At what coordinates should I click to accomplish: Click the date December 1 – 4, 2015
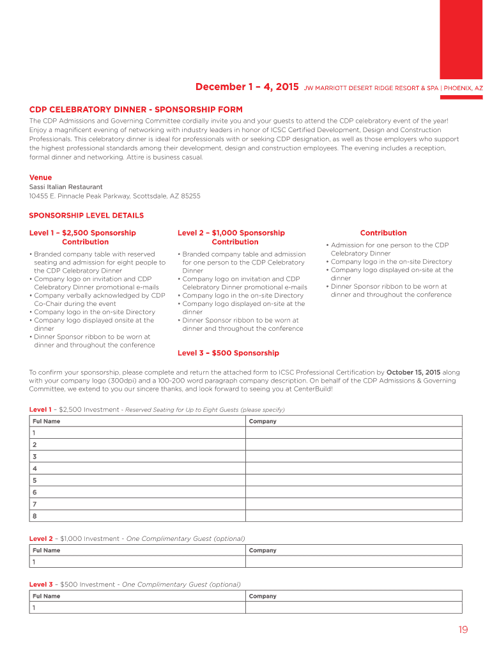click(x=247, y=87)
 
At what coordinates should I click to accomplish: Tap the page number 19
click(x=463, y=630)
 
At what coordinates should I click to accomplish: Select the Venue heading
click(x=40, y=178)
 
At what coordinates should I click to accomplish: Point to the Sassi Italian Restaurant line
click(x=66, y=187)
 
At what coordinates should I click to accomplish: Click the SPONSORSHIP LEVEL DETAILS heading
click(x=86, y=215)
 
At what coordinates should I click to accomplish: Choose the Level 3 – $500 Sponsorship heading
click(x=228, y=353)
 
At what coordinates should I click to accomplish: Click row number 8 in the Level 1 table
click(x=35, y=516)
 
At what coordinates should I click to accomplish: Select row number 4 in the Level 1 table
click(x=35, y=468)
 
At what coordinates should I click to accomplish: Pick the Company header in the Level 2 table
click(x=263, y=551)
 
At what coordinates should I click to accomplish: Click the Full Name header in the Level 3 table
click(x=46, y=597)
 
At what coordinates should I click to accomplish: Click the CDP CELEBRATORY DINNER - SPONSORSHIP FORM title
click(x=136, y=110)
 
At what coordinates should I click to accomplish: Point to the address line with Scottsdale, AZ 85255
click(x=114, y=196)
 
